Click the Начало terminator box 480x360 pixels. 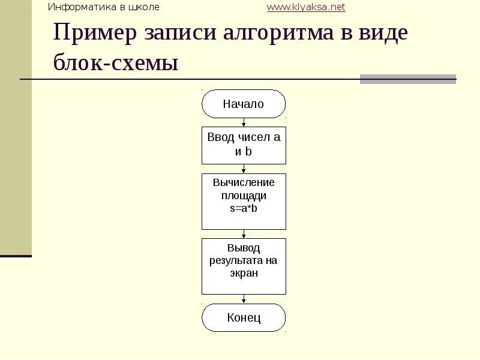(244, 104)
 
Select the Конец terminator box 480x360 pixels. (244, 317)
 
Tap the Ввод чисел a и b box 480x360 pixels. (244, 145)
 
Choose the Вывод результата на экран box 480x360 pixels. (244, 266)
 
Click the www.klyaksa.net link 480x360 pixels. (306, 7)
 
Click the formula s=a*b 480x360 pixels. (244, 208)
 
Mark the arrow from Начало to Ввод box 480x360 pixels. (244, 122)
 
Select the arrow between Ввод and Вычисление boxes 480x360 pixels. (244, 169)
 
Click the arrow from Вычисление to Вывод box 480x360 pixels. (244, 234)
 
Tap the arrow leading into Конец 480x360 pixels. (244, 299)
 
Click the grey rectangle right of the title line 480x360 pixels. (408, 79)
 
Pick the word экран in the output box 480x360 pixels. (244, 273)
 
